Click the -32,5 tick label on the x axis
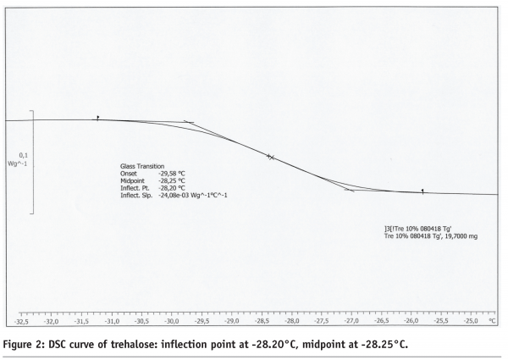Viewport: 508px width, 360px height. click(21, 322)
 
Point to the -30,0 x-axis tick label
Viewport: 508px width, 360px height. click(172, 322)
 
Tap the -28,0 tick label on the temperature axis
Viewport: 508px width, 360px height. click(292, 322)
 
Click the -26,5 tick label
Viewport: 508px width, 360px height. click(381, 322)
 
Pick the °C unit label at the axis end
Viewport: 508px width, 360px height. click(492, 322)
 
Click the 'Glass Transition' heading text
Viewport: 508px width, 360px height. click(142, 166)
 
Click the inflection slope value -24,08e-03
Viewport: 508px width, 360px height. click(179, 195)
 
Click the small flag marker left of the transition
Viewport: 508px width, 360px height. click(97, 119)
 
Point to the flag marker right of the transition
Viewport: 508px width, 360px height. click(422, 191)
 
